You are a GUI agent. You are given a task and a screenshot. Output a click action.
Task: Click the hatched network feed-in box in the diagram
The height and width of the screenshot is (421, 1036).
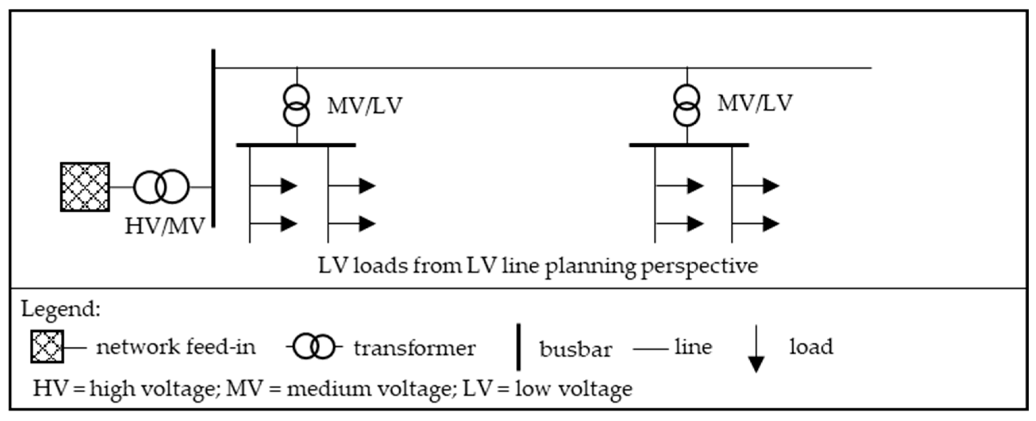[85, 187]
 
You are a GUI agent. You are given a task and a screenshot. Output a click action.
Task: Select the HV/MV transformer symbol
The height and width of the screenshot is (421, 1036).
[161, 187]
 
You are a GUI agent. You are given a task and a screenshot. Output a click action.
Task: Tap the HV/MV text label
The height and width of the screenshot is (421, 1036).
[165, 226]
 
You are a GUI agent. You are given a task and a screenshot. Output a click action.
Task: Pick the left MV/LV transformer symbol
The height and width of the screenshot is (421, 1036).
[297, 105]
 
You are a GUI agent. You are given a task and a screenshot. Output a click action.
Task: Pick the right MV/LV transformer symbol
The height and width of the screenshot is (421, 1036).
[687, 105]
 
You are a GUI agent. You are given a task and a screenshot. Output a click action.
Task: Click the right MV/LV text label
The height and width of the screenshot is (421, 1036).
[755, 103]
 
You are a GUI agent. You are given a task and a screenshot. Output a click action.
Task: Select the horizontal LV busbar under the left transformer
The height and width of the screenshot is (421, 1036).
[296, 145]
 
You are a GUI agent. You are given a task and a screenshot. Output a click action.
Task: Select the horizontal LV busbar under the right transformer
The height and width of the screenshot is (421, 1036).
[689, 145]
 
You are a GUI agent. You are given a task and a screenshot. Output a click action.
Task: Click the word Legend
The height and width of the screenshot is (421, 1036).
[60, 309]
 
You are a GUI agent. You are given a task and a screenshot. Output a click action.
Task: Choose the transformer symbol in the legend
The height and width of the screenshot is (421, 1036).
[314, 347]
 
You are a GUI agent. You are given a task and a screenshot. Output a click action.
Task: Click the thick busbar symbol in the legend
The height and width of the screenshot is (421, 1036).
[519, 347]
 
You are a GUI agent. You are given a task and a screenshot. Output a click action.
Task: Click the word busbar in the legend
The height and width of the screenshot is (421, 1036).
[576, 349]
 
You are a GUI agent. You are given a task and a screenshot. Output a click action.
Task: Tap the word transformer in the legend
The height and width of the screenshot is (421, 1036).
[415, 348]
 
